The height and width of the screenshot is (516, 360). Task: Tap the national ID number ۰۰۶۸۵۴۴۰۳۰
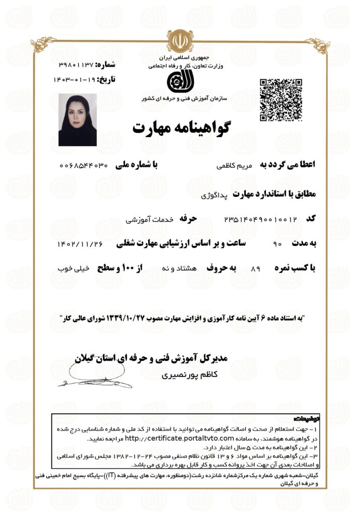point(84,165)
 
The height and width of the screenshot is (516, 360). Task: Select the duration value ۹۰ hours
point(276,244)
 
